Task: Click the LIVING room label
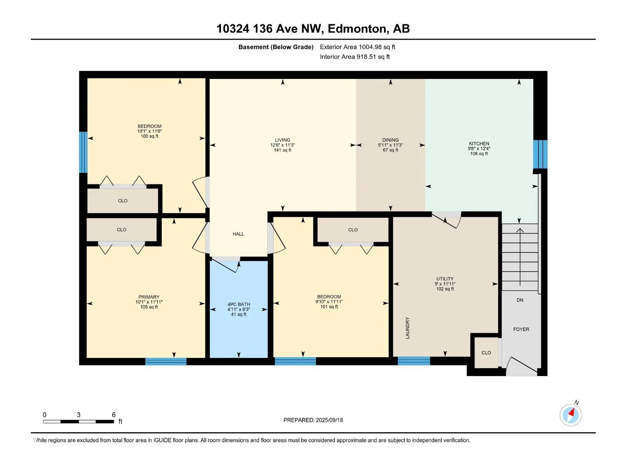click(282, 140)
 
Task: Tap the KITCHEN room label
click(479, 144)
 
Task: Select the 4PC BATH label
click(239, 304)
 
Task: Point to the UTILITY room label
click(445, 279)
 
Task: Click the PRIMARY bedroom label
click(149, 297)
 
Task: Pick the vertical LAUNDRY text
click(407, 328)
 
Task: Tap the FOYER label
click(521, 329)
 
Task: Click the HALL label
click(238, 234)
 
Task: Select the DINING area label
click(390, 140)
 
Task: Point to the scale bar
click(78, 422)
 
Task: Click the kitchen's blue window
click(540, 154)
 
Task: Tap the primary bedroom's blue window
click(166, 361)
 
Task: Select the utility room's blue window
click(413, 361)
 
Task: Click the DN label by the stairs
click(520, 300)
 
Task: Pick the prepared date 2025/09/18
click(329, 420)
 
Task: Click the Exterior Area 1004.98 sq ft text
click(357, 47)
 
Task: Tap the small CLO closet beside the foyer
click(486, 352)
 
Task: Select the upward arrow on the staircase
click(520, 257)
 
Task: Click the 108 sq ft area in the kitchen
click(479, 153)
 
